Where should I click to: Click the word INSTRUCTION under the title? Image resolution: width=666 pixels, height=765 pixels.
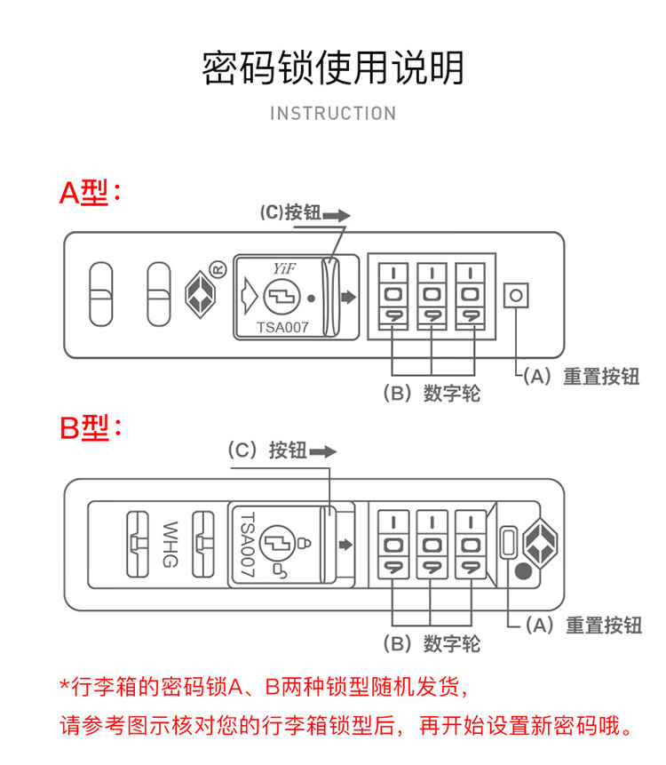[x=333, y=114]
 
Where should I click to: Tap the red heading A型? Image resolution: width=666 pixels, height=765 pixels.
[x=89, y=192]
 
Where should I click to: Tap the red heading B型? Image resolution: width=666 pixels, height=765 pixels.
[x=89, y=427]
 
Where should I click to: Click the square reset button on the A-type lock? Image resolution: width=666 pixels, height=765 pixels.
[x=517, y=295]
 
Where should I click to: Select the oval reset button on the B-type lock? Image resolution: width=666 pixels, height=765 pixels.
[x=509, y=542]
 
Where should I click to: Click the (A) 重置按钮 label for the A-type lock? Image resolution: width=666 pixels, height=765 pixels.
[x=581, y=376]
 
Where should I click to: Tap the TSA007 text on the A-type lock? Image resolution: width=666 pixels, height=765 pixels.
[x=282, y=327]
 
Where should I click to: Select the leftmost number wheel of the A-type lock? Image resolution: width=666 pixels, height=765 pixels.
[x=392, y=294]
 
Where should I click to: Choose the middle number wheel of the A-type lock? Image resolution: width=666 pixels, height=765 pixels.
[x=431, y=294]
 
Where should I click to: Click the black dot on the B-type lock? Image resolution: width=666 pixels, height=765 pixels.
[x=524, y=573]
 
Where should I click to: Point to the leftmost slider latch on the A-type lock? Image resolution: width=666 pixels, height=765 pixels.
[x=101, y=294]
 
